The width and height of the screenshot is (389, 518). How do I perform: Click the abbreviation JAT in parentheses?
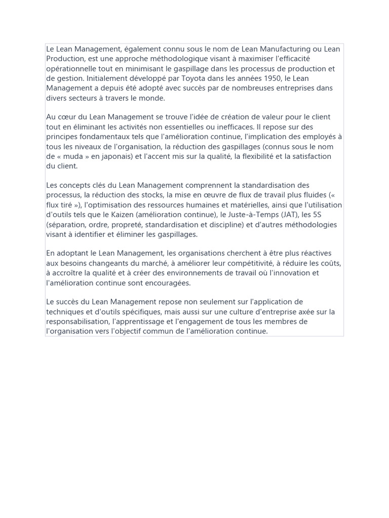[287, 215]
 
